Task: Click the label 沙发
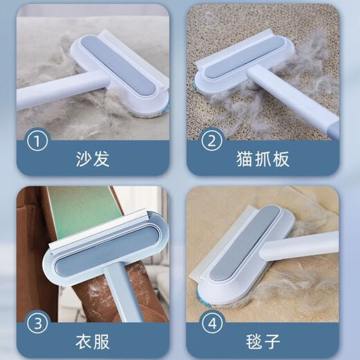(93, 159)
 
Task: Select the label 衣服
(93, 341)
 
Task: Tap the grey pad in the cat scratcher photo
(242, 58)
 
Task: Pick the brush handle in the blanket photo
(312, 246)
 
